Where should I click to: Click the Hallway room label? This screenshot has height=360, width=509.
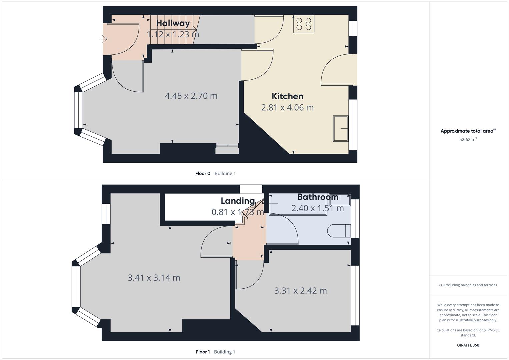point(173,23)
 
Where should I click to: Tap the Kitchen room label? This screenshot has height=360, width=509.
point(287,96)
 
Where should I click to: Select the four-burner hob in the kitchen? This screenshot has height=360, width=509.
point(304,24)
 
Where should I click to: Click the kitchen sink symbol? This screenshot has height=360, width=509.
point(341,129)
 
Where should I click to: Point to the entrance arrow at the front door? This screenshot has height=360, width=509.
point(103,39)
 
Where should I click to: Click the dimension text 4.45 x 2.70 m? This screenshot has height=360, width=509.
point(191,96)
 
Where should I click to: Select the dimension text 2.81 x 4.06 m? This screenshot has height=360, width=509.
point(287,108)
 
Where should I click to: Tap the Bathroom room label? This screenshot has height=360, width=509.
point(317,197)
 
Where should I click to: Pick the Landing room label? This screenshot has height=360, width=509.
point(238,201)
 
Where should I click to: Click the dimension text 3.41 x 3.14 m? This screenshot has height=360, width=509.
point(154,278)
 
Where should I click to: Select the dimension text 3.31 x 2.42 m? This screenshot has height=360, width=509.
point(300,291)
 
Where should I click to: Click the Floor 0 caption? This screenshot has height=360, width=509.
point(203,173)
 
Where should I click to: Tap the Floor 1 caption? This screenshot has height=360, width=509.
point(203,352)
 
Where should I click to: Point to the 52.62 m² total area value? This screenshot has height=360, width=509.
point(468,140)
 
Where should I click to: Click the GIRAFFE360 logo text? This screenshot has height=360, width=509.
point(468,345)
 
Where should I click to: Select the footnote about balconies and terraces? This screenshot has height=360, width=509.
point(468,285)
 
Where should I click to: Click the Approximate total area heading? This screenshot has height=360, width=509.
point(467,131)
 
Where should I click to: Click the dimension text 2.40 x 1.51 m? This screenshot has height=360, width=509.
point(317,208)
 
